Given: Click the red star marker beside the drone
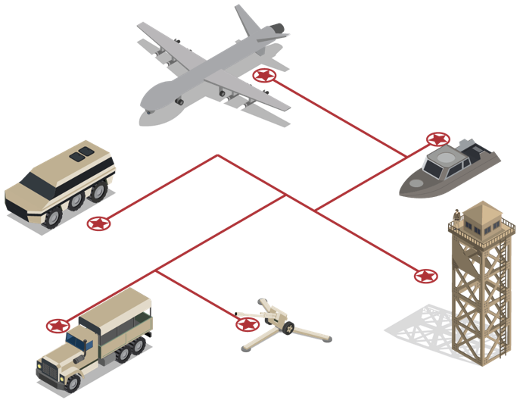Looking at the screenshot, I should (263, 75).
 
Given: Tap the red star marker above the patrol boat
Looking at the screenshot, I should (437, 139).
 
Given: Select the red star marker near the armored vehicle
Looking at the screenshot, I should (98, 223).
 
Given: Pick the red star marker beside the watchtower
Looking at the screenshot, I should (425, 276).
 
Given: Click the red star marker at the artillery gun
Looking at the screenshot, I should (247, 324).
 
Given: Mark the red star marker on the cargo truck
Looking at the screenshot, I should (57, 326).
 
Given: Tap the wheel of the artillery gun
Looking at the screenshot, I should (288, 327).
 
